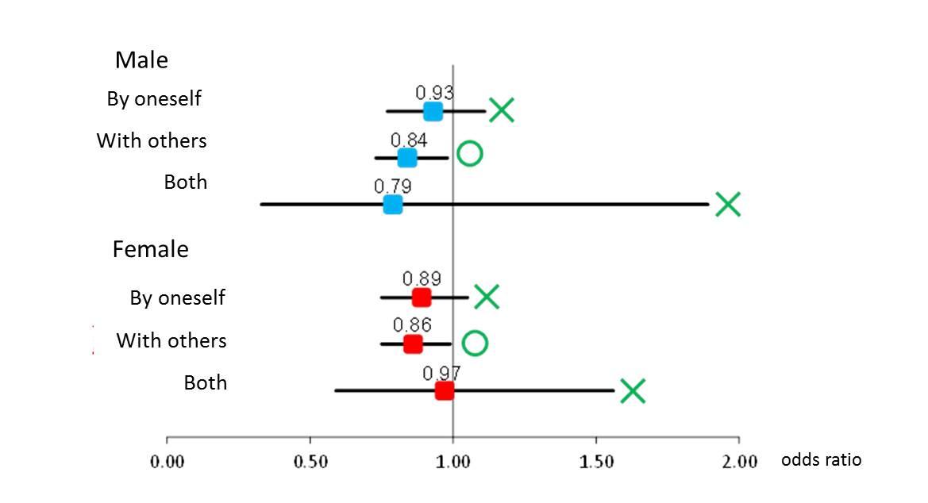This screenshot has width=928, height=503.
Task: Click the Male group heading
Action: [141, 60]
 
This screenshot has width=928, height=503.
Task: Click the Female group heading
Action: [151, 249]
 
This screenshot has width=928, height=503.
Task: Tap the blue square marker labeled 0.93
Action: [433, 111]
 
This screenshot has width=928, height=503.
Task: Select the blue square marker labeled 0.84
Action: [407, 158]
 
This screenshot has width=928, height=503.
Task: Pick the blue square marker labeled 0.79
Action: [392, 205]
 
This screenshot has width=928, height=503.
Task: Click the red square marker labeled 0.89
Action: [422, 298]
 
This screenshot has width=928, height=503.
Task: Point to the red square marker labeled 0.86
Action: [413, 344]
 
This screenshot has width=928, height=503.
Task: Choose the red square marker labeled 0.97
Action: [445, 390]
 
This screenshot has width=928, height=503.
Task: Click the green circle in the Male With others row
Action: [470, 153]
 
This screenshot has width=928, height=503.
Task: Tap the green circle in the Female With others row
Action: [475, 343]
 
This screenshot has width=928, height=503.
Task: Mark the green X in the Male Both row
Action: [727, 204]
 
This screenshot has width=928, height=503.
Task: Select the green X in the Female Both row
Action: [632, 390]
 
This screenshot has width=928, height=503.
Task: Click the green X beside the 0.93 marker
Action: [502, 110]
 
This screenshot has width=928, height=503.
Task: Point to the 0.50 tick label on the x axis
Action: [310, 462]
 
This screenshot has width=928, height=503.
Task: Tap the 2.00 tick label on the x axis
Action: [739, 462]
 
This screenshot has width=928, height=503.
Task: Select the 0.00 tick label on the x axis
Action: [167, 462]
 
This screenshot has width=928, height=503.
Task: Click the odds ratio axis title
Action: [821, 459]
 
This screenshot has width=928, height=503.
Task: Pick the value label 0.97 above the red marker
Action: [441, 373]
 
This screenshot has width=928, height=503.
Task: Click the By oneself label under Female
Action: [178, 298]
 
